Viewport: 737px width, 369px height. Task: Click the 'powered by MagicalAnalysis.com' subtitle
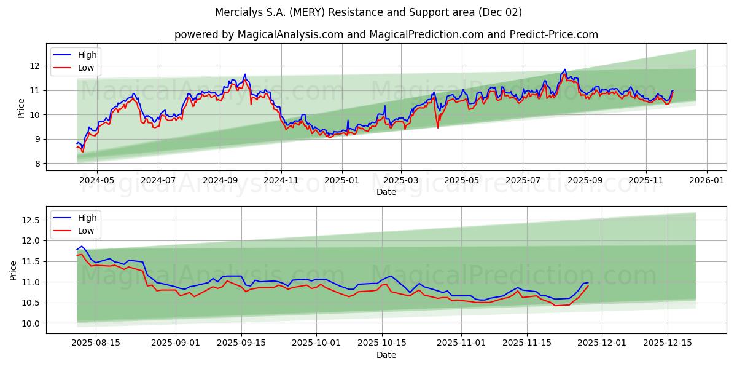[x=258, y=34]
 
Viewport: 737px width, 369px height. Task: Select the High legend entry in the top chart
[x=87, y=55]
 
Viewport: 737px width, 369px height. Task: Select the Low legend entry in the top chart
[x=86, y=68]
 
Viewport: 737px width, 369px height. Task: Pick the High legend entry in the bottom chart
[x=87, y=218]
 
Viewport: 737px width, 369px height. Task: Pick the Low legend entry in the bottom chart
[x=86, y=231]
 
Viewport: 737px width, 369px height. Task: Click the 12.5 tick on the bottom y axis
[x=31, y=220]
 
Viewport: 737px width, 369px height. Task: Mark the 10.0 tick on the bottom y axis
[x=31, y=323]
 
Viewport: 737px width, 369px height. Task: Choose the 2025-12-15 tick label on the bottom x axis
[x=667, y=343]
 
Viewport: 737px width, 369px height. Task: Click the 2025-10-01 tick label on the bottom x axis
[x=316, y=343]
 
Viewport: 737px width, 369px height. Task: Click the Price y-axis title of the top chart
[x=21, y=108]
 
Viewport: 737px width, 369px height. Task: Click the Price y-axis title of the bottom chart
[x=14, y=270]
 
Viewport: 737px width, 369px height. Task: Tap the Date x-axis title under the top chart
[x=386, y=192]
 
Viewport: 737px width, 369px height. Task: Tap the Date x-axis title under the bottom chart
[x=386, y=355]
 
